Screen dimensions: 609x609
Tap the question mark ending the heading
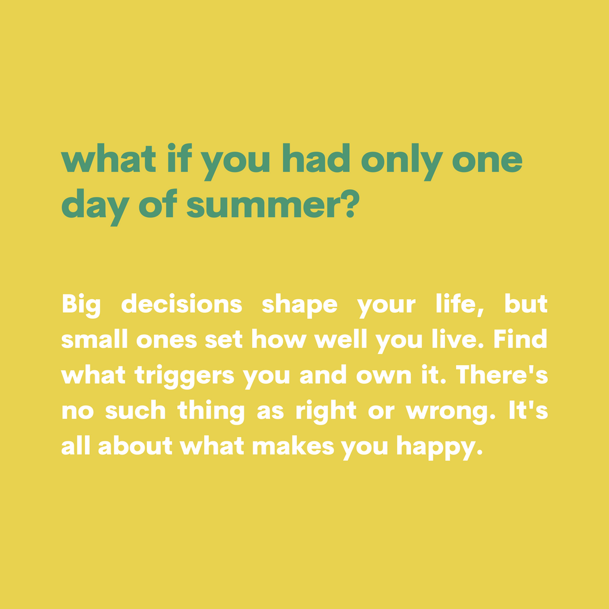(350, 203)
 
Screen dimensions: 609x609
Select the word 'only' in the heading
(402, 162)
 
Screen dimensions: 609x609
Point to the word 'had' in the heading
(316, 158)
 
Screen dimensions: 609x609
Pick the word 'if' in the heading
(180, 158)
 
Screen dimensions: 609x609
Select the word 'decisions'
(182, 303)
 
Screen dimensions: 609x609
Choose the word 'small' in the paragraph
(95, 338)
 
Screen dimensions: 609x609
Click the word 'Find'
(520, 338)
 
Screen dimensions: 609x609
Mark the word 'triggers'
(184, 377)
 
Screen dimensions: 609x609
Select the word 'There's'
(502, 375)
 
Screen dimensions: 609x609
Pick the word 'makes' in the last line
(293, 445)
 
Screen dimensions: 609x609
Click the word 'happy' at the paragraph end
(440, 448)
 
